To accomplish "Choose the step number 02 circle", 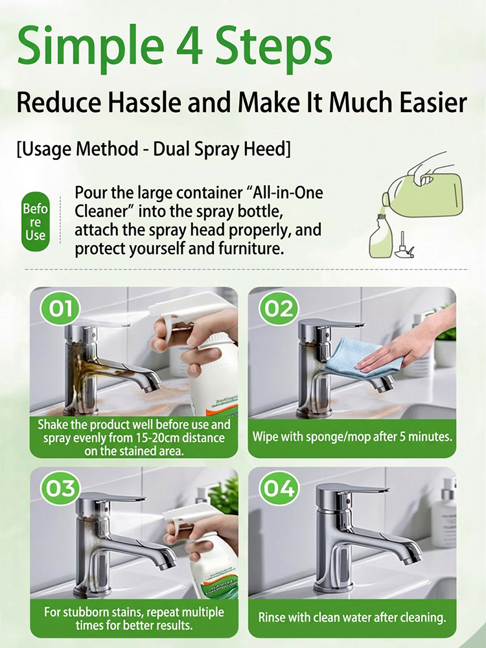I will point(279,308).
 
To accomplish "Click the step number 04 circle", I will point(279,488).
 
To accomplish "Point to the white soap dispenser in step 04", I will point(445,512).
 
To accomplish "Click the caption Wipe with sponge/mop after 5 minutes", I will point(353,436).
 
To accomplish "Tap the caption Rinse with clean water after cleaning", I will point(352,617).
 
